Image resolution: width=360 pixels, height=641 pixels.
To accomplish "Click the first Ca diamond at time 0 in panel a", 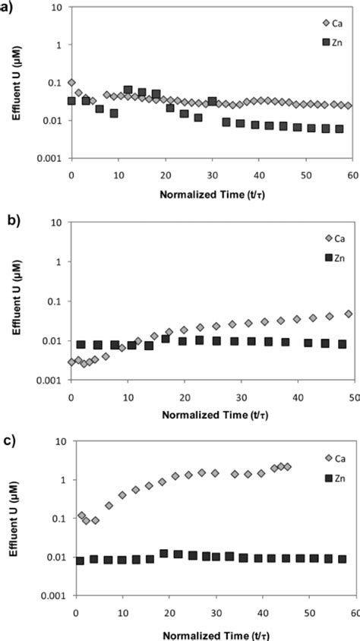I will tap(71, 83).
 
